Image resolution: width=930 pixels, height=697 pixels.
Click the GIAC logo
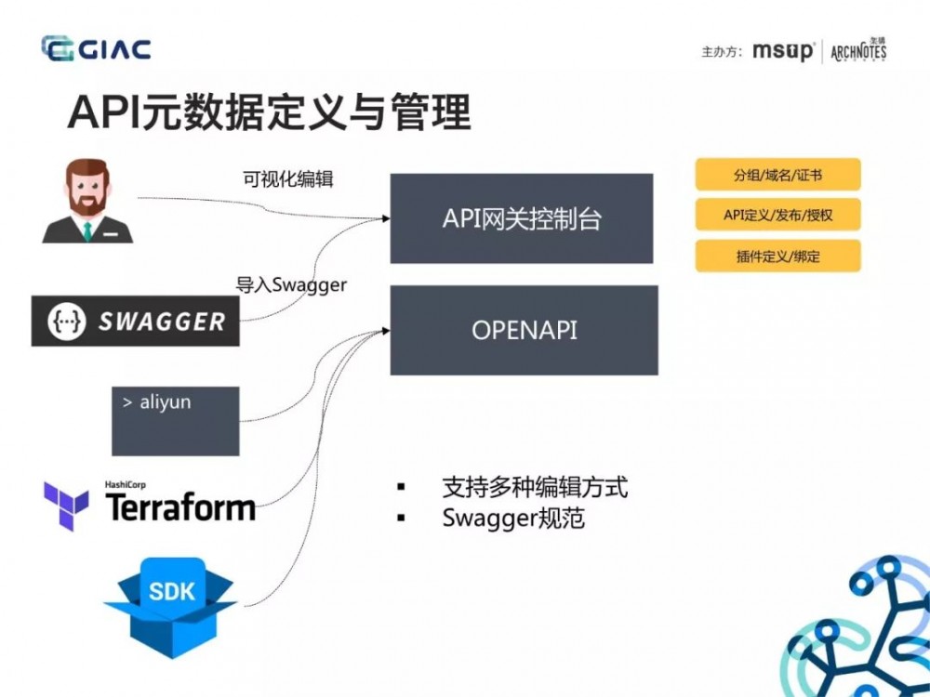[x=96, y=48]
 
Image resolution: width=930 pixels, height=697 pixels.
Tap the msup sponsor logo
[x=782, y=51]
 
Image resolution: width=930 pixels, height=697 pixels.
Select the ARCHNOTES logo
[x=857, y=50]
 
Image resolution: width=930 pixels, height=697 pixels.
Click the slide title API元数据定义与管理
[x=269, y=112]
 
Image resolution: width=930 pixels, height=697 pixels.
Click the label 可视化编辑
[x=287, y=180]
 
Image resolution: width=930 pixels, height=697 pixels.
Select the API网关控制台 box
[x=522, y=218]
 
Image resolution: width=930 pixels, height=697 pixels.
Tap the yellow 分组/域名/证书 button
[x=777, y=175]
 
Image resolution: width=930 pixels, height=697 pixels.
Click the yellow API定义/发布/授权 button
[x=777, y=216]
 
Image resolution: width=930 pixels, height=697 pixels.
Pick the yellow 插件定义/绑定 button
[x=777, y=256]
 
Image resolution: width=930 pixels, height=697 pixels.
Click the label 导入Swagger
[x=290, y=285]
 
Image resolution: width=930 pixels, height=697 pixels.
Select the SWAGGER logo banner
[x=135, y=322]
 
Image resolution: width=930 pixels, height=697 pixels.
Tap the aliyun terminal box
[x=176, y=421]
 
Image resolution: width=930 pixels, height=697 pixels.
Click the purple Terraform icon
[x=66, y=506]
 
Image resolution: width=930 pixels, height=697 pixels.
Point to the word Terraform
[x=180, y=508]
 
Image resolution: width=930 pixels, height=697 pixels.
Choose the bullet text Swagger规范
[x=513, y=519]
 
